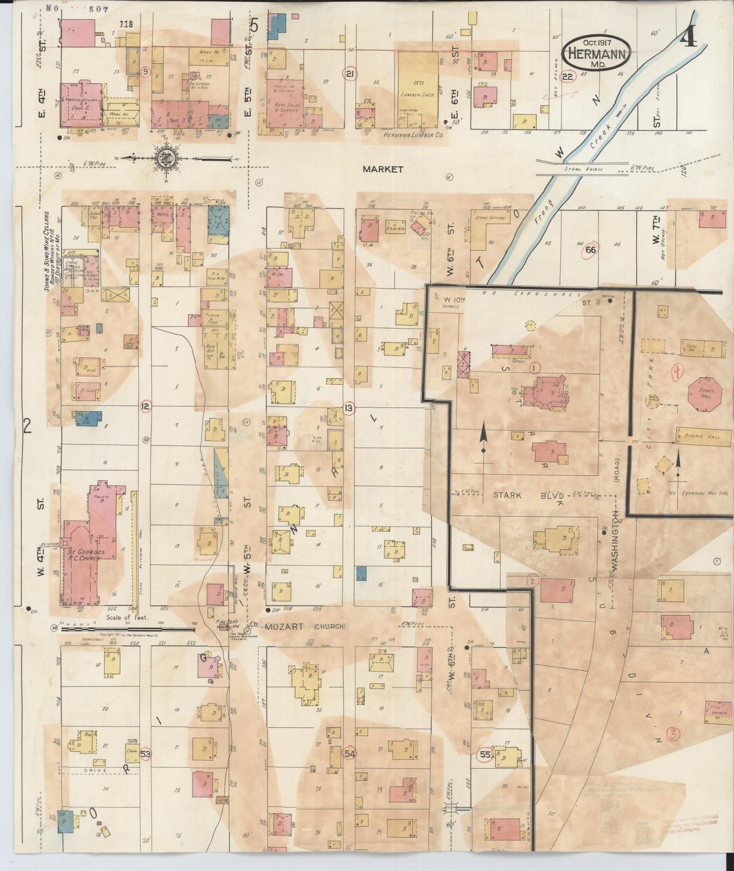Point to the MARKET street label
(383, 169)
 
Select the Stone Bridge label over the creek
(583, 169)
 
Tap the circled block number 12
(146, 405)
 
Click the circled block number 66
(590, 250)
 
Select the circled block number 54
(349, 753)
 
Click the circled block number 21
(349, 75)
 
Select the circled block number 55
(485, 755)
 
